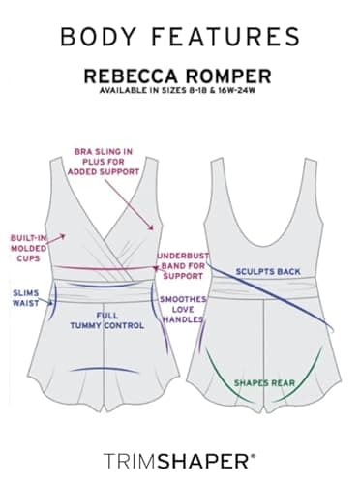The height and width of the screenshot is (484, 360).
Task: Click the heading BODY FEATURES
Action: (x=179, y=37)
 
